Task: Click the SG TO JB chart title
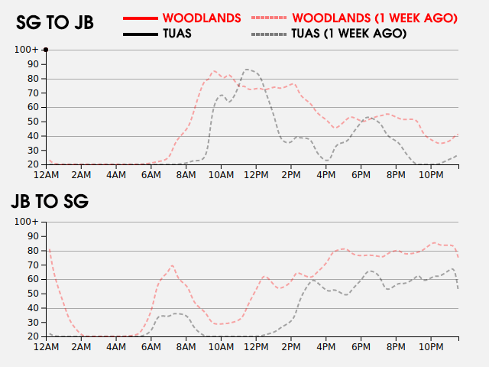[55, 23]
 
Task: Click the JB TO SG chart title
[50, 202]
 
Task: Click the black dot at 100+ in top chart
[46, 50]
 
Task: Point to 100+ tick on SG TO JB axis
[26, 50]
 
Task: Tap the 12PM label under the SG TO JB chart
[255, 175]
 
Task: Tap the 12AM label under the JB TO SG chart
[47, 347]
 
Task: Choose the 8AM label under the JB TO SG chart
[186, 347]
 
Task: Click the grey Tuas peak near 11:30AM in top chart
[245, 70]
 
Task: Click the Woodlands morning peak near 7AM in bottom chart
[172, 265]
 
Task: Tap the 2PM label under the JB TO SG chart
[290, 347]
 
